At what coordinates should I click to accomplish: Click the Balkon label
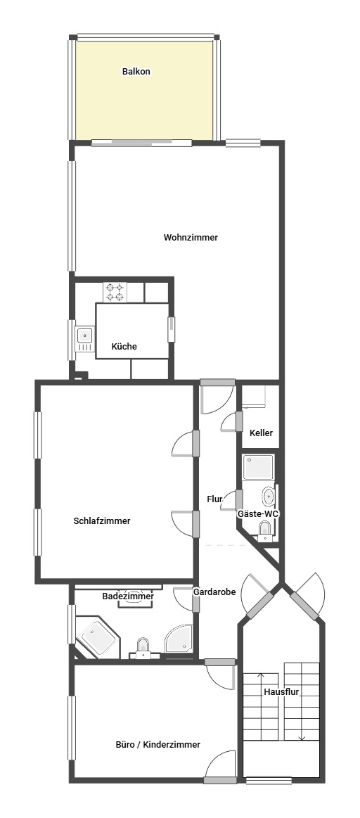click(136, 71)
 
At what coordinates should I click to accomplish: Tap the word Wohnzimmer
click(191, 238)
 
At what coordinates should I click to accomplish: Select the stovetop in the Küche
click(115, 291)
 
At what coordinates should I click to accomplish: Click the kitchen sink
click(84, 340)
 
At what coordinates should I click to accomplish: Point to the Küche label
click(124, 347)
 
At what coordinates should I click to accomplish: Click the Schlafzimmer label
click(102, 521)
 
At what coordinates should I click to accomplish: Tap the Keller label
click(261, 433)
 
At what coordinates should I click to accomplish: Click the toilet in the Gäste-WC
click(265, 529)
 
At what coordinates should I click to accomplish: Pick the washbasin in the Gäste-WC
click(269, 497)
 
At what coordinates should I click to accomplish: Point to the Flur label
click(214, 499)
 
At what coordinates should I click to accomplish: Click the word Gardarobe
click(214, 592)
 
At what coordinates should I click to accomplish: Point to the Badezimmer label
click(128, 596)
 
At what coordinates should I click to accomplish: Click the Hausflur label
click(282, 691)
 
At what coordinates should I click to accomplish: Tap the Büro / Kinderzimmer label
click(158, 744)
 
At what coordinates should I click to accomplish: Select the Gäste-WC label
click(258, 514)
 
